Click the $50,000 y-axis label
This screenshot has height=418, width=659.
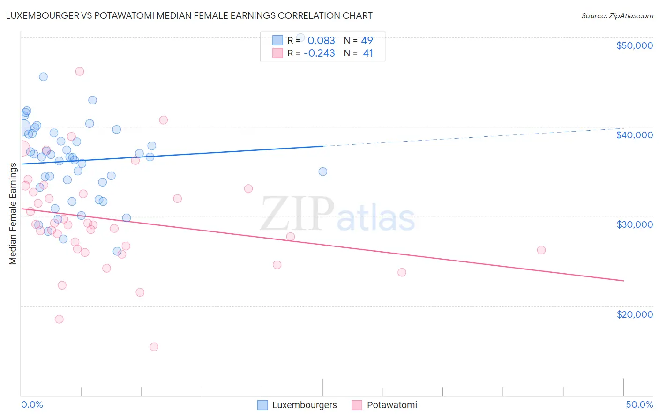[634, 45]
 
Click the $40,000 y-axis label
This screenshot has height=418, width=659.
[634, 135]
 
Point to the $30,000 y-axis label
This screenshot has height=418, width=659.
[634, 224]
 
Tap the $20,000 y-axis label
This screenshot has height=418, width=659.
[634, 314]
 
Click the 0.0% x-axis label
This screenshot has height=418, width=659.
[32, 404]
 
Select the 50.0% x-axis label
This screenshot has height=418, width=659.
[639, 404]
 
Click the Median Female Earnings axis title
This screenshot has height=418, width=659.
[13, 214]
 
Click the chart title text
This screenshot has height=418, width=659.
[189, 15]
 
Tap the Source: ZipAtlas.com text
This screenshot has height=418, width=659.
[617, 16]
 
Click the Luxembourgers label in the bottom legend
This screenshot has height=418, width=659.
[304, 405]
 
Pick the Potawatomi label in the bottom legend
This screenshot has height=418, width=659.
[392, 405]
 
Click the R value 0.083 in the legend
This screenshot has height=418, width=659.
[321, 41]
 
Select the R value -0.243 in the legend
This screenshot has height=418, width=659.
[319, 53]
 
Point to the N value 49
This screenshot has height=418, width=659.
[367, 41]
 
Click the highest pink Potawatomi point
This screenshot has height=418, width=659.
[80, 72]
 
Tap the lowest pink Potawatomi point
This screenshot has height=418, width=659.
[154, 347]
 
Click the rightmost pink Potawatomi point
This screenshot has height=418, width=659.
[541, 250]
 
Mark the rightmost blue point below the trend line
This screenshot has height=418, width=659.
[323, 172]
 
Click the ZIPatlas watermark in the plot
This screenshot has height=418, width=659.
[337, 214]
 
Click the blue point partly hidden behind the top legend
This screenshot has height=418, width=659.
[300, 37]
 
